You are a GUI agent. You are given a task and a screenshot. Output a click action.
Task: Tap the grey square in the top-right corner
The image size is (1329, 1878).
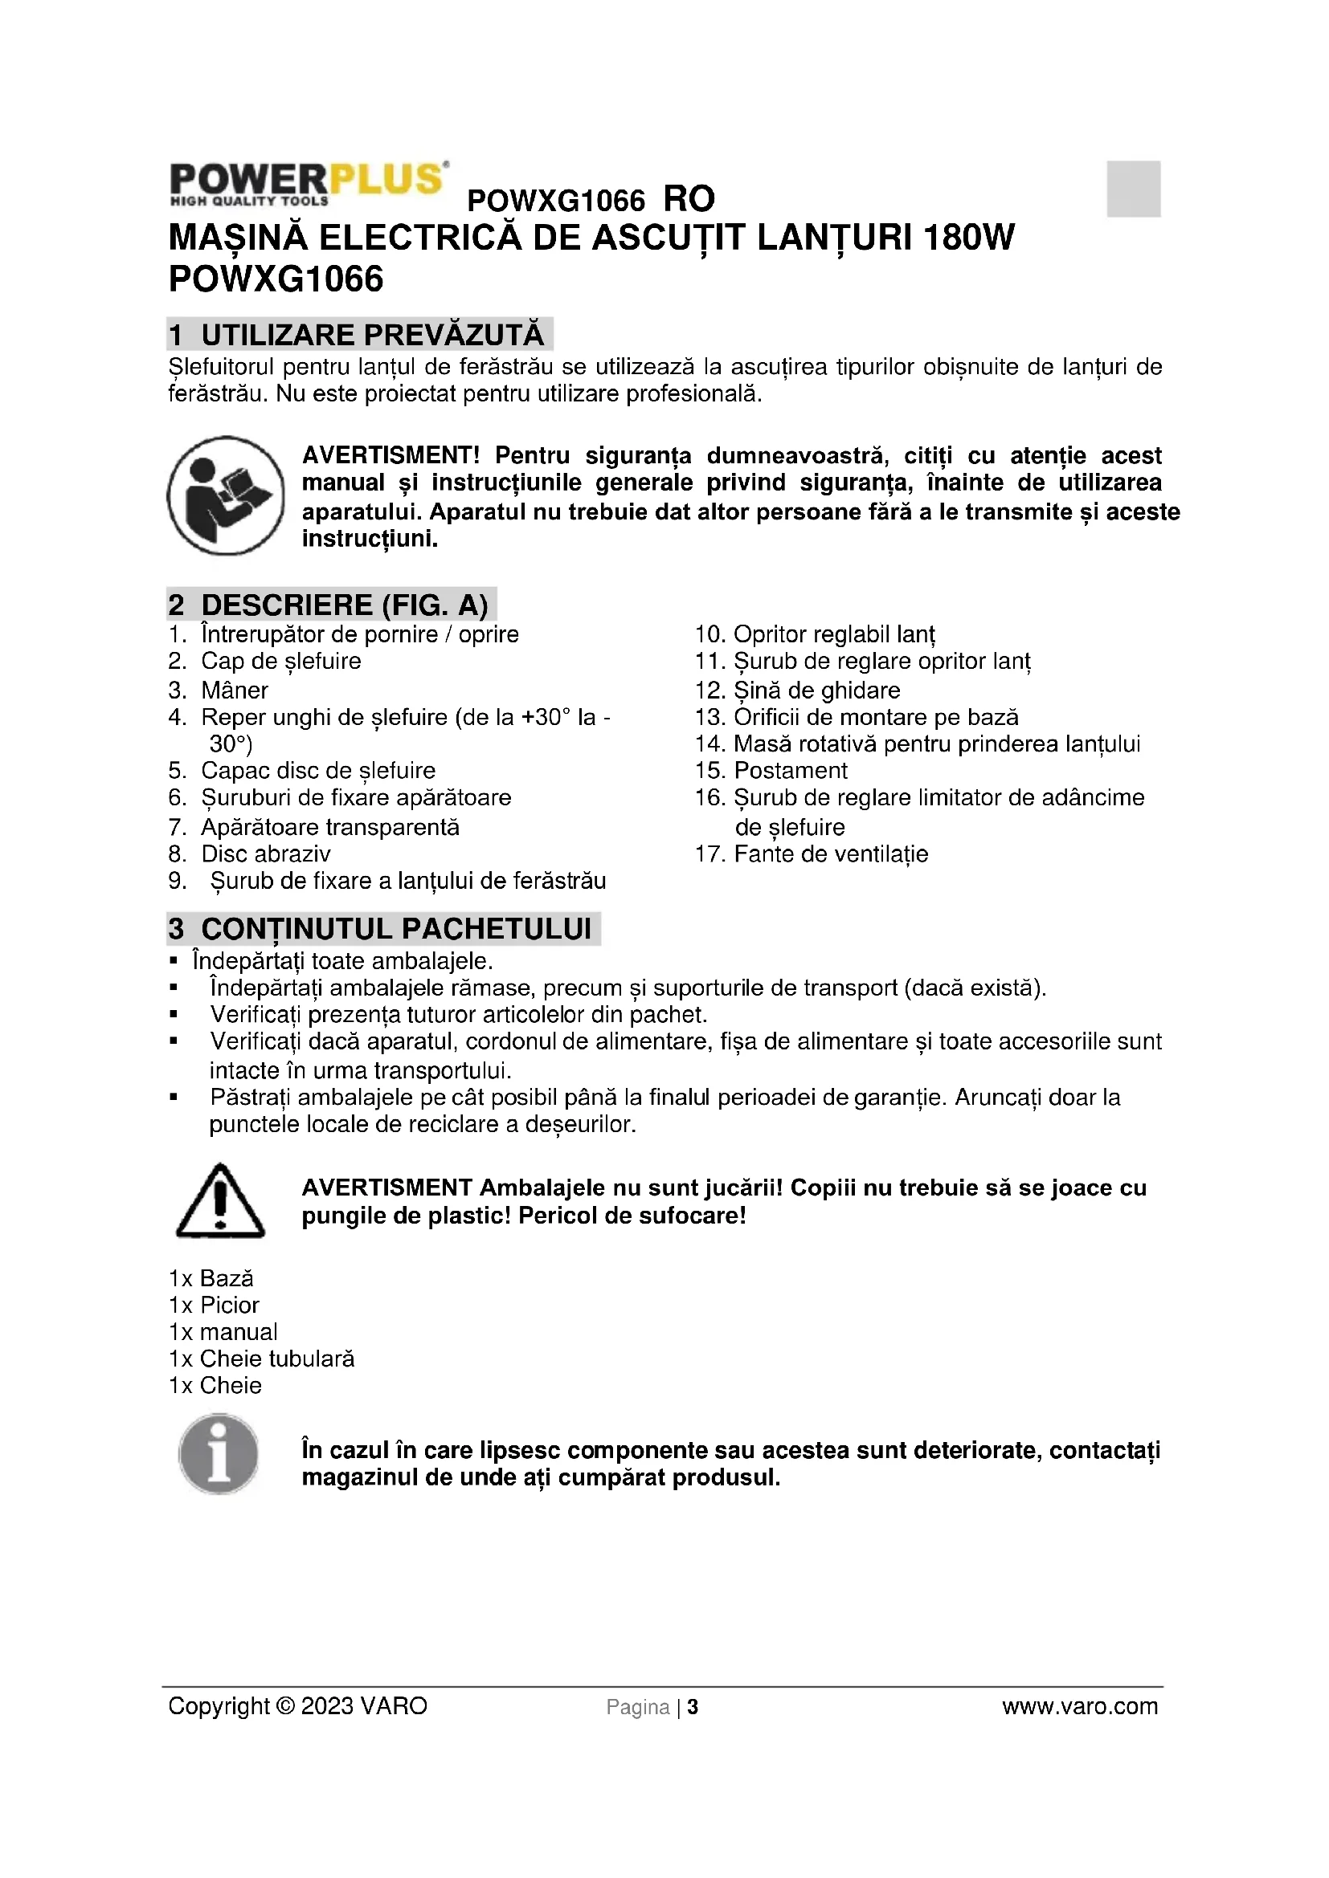(x=1133, y=189)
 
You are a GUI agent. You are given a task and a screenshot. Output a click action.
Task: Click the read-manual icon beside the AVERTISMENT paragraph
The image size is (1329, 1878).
(x=225, y=495)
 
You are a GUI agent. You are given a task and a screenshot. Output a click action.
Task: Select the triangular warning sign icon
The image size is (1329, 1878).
(x=219, y=1200)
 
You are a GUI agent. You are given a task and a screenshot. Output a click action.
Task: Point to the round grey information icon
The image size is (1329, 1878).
(x=219, y=1455)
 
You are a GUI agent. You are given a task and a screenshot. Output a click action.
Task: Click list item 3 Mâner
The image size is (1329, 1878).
(x=219, y=691)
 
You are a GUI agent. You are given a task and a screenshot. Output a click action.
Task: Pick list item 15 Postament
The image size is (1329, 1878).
(x=771, y=771)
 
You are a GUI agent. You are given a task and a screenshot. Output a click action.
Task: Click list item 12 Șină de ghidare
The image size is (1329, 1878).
(x=797, y=691)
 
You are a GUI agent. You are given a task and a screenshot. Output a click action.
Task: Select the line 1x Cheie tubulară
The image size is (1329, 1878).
(x=261, y=1359)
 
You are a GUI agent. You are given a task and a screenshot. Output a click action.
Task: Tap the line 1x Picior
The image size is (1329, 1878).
(x=214, y=1305)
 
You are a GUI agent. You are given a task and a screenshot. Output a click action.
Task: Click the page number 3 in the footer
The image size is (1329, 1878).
(x=693, y=1707)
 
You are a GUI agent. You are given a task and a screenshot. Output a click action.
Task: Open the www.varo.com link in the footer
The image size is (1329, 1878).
(x=1079, y=1706)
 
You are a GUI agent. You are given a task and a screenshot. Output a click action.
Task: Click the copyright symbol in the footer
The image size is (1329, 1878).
(x=284, y=1706)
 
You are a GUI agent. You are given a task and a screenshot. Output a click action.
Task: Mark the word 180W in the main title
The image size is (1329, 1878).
(x=968, y=237)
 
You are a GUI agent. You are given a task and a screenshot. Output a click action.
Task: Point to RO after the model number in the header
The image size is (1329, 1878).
(x=689, y=199)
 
